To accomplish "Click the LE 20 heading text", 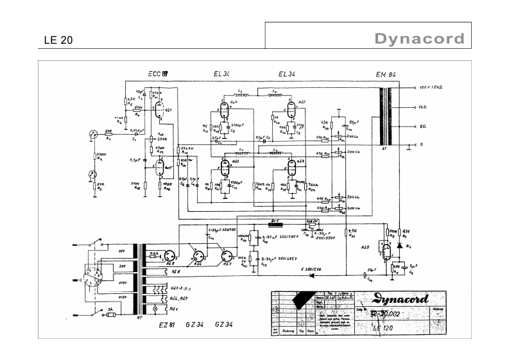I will [x=58, y=40].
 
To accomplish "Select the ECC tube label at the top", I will [x=158, y=74].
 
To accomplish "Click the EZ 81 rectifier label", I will [x=169, y=325].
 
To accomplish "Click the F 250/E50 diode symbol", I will [x=313, y=275].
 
